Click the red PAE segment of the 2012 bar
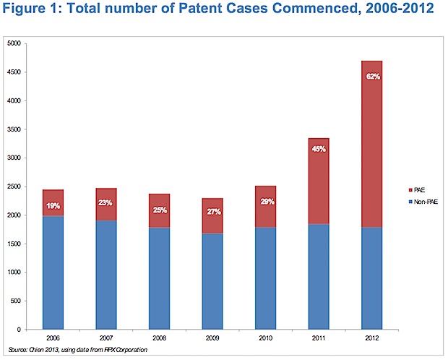point(373,145)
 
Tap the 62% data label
point(373,77)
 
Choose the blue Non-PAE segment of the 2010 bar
point(267,278)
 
